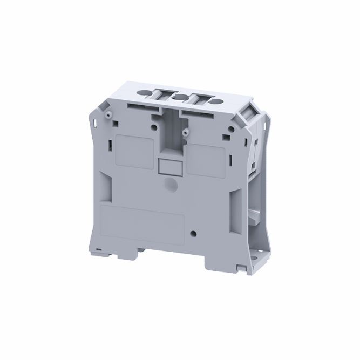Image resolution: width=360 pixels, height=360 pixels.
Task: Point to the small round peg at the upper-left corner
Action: (x=108, y=114)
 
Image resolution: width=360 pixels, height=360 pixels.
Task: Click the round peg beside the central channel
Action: (x=185, y=132)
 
